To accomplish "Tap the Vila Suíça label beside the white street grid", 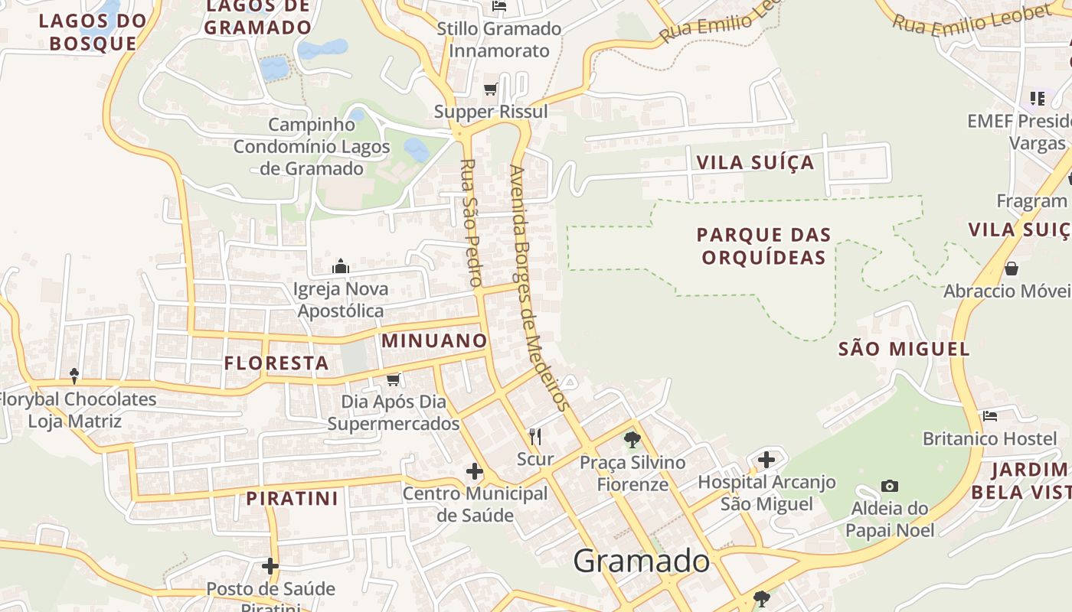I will (x=755, y=163).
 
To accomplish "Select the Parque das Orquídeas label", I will (x=763, y=246).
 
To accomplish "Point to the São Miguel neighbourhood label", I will (x=904, y=350).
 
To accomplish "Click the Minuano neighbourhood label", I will (x=434, y=340).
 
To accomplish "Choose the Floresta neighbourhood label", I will (x=276, y=363).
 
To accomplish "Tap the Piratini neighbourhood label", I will (x=292, y=499).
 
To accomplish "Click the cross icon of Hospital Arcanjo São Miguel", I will (x=766, y=460).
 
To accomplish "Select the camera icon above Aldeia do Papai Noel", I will (x=889, y=486).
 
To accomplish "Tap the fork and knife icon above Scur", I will (x=535, y=437).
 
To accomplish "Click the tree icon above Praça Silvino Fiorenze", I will (x=632, y=439).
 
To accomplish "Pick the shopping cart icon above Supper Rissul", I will (x=491, y=90).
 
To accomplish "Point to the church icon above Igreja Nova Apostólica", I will (x=341, y=266).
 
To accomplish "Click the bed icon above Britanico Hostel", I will (x=990, y=416).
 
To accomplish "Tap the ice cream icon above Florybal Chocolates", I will (x=74, y=376).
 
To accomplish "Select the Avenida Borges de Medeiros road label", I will (x=541, y=287).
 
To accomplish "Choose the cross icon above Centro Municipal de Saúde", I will (x=475, y=471).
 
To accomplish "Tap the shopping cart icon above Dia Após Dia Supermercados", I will (x=394, y=379).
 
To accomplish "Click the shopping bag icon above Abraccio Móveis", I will (x=1012, y=269).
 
